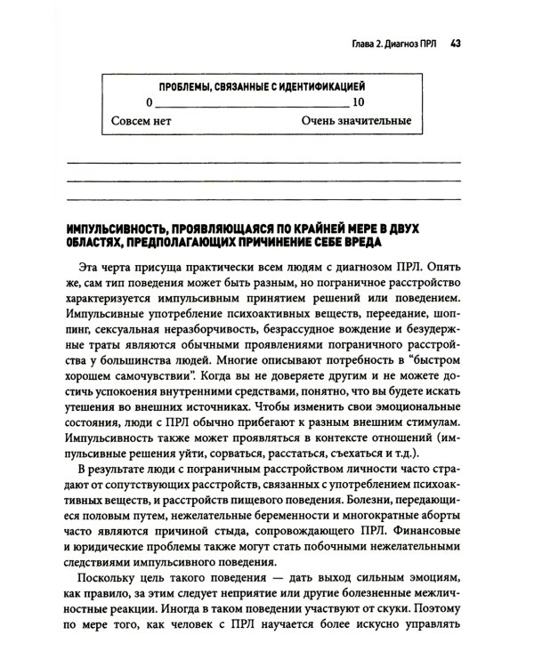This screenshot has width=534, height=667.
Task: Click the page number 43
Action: point(454,41)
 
